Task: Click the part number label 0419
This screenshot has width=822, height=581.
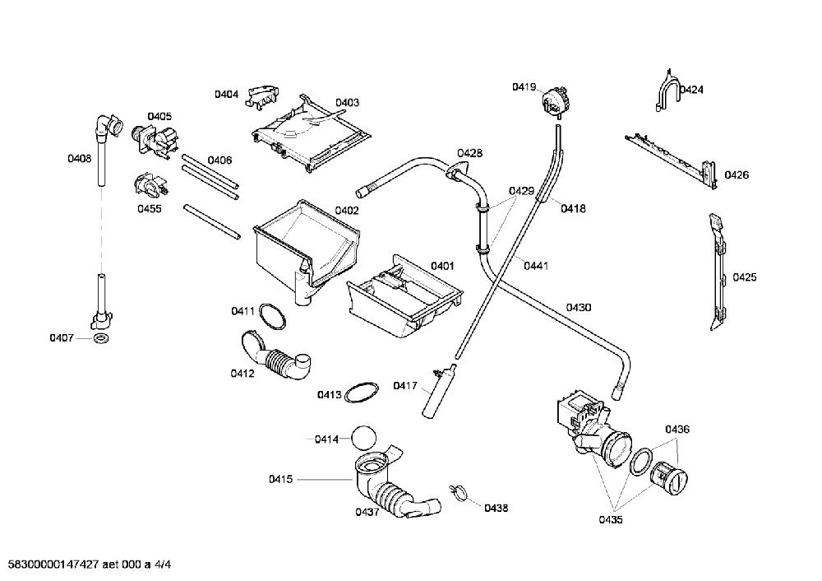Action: point(524,87)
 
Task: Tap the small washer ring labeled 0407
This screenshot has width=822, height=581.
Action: point(101,338)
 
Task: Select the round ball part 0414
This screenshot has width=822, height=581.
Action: point(364,438)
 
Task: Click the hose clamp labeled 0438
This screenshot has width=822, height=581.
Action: point(458,492)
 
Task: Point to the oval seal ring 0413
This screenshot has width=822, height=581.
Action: point(361,393)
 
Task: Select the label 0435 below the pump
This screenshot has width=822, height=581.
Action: point(611,519)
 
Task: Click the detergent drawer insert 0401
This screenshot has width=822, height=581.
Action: point(404,296)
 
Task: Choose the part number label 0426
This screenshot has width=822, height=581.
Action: point(737,174)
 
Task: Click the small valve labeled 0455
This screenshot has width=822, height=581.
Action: point(151,185)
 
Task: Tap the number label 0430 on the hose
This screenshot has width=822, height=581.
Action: point(578,307)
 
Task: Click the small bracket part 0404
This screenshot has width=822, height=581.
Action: point(263,97)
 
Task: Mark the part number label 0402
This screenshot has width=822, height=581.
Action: point(347,211)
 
